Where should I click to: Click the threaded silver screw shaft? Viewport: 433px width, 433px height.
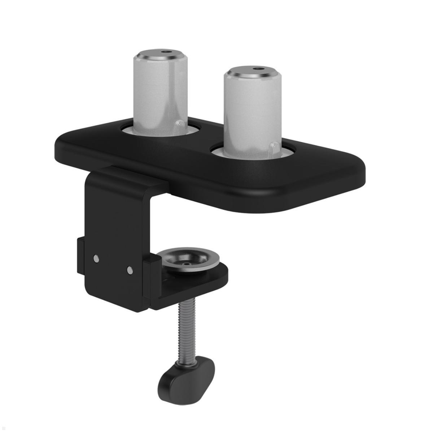[185, 332]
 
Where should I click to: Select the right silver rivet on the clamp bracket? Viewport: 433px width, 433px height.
[130, 269]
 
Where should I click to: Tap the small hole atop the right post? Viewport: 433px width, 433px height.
[258, 69]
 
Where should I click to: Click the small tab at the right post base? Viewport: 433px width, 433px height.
[274, 149]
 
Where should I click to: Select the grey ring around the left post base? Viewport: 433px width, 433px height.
[130, 131]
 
